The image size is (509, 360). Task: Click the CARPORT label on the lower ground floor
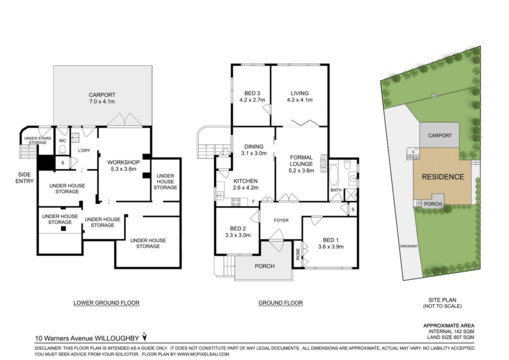(102, 95)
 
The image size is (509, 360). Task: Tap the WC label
(63, 141)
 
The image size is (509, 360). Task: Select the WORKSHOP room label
(124, 162)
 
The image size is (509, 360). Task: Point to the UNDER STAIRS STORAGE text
(38, 141)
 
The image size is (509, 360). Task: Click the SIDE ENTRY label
(25, 178)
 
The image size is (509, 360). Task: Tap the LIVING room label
(300, 93)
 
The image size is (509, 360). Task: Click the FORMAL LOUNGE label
(301, 161)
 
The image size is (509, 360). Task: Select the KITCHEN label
(246, 181)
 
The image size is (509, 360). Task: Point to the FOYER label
(281, 220)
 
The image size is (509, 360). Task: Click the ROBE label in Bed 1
(298, 254)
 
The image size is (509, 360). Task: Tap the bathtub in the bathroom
(335, 175)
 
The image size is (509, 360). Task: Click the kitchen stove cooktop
(236, 202)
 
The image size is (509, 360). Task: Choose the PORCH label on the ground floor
(264, 266)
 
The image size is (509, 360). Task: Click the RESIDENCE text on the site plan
(443, 177)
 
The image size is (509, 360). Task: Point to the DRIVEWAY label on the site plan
(409, 246)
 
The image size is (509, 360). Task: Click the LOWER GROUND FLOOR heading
(106, 303)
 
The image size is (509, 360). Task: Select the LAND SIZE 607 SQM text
(450, 337)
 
